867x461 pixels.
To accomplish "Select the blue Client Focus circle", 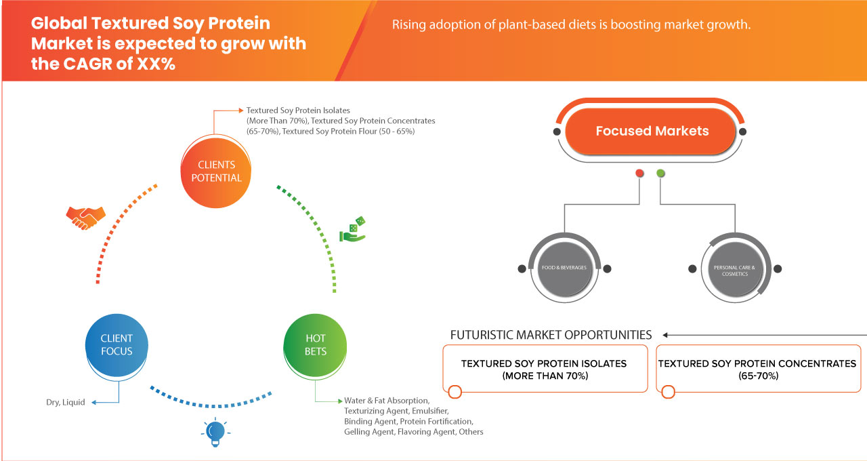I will pos(117,344).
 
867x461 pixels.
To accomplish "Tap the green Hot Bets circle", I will pos(316,344).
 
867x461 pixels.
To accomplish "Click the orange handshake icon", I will pos(85,217).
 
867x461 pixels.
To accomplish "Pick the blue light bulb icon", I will pos(215,433).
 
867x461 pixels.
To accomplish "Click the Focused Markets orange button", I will pos(652,132).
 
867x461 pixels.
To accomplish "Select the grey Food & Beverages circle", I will pos(564,268).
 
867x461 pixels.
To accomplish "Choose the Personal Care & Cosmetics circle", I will pos(734,269).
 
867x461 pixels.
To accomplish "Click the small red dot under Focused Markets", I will pos(639,174).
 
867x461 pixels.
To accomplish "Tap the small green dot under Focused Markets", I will pos(660,174).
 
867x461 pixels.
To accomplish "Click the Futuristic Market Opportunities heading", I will pos(551,335).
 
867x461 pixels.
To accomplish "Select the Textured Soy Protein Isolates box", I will pos(544,369).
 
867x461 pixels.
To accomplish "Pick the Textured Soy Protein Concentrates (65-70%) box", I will pos(757,369).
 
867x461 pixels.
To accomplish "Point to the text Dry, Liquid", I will pos(66,403).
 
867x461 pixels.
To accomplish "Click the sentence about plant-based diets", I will pos(572,25).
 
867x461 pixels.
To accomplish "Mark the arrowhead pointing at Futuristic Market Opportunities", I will pos(666,335).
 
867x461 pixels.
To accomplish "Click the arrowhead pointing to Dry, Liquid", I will pos(94,403).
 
